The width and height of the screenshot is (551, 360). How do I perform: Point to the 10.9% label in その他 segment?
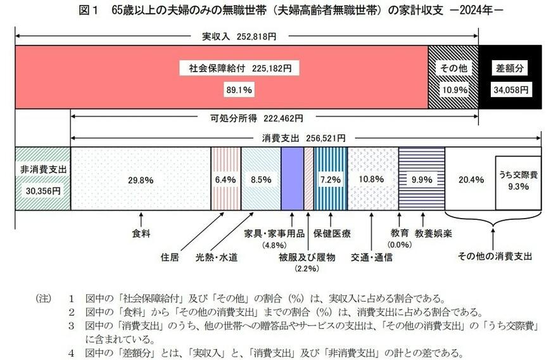[454, 89]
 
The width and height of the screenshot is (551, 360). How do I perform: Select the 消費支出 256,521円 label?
[303, 138]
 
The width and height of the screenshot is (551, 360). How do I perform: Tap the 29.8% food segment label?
[140, 179]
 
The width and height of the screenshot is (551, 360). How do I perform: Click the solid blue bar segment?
[292, 179]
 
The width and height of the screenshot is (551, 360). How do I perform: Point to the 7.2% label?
[331, 179]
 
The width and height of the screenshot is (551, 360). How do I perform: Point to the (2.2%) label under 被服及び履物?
[307, 269]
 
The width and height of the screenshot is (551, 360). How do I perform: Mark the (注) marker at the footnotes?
[44, 298]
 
